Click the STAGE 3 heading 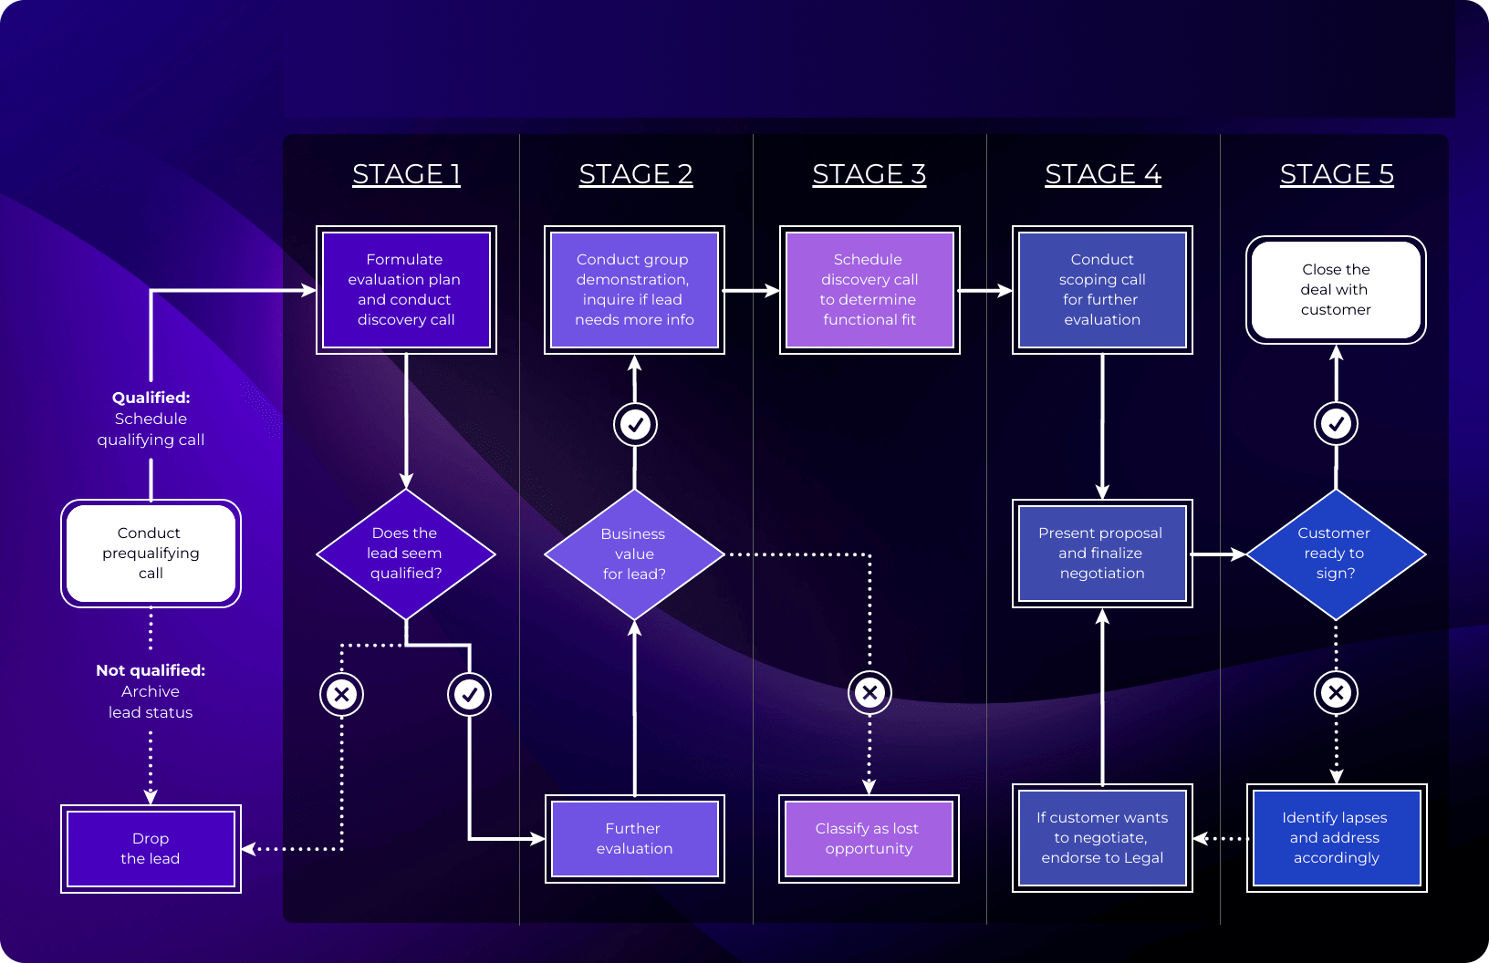point(869,174)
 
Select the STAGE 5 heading point(1337,174)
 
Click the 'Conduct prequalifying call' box point(151,553)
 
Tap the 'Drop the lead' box point(151,849)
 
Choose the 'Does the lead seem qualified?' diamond point(406,554)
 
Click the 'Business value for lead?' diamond point(634,554)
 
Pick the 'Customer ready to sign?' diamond point(1336,554)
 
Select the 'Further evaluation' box point(635,839)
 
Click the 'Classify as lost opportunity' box point(869,839)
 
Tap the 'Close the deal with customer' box point(1336,290)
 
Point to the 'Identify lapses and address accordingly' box point(1337,837)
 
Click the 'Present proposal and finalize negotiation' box point(1102,553)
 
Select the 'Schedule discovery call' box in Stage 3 point(869,290)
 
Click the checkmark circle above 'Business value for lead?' point(635,425)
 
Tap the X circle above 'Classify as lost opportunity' point(869,693)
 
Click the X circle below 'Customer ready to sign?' point(1336,693)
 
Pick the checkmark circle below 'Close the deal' point(1336,424)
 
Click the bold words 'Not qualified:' point(151,670)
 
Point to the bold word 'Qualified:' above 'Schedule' point(151,398)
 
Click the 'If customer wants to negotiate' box point(1102,837)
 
